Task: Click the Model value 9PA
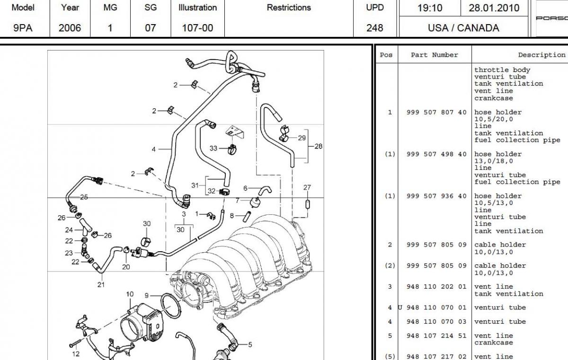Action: pyautogui.click(x=23, y=28)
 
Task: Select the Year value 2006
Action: pyautogui.click(x=70, y=28)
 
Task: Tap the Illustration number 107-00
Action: pyautogui.click(x=197, y=28)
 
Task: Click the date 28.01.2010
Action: pyautogui.click(x=494, y=8)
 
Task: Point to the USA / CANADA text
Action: pyautogui.click(x=463, y=28)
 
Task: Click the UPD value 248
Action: pyautogui.click(x=375, y=28)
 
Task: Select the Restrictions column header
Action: pyautogui.click(x=289, y=8)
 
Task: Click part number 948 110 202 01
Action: pyautogui.click(x=436, y=287)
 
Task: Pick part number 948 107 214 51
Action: pyautogui.click(x=436, y=336)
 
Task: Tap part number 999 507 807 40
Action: pyautogui.click(x=436, y=112)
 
